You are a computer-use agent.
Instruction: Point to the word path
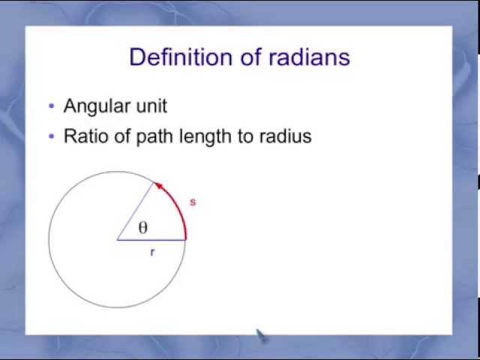tap(153, 136)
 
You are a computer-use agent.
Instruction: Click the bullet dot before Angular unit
tap(52, 106)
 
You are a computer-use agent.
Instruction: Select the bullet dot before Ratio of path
tap(52, 136)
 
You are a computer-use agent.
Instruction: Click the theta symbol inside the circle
tap(142, 228)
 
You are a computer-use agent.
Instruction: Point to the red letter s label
tap(193, 202)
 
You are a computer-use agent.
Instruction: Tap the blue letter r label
tap(152, 253)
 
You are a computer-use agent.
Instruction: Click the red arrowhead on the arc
tap(158, 185)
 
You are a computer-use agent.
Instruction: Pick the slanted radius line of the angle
tap(136, 211)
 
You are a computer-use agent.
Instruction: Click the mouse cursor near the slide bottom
tap(260, 334)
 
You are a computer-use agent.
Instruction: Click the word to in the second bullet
tap(246, 136)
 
